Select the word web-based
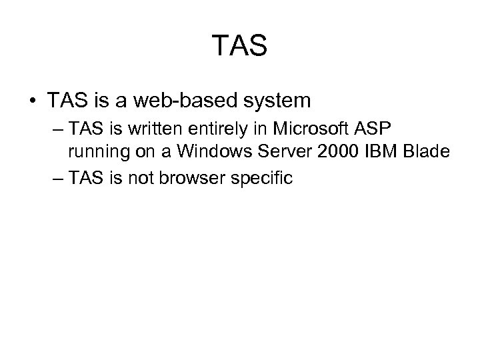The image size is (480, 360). pyautogui.click(x=177, y=101)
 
